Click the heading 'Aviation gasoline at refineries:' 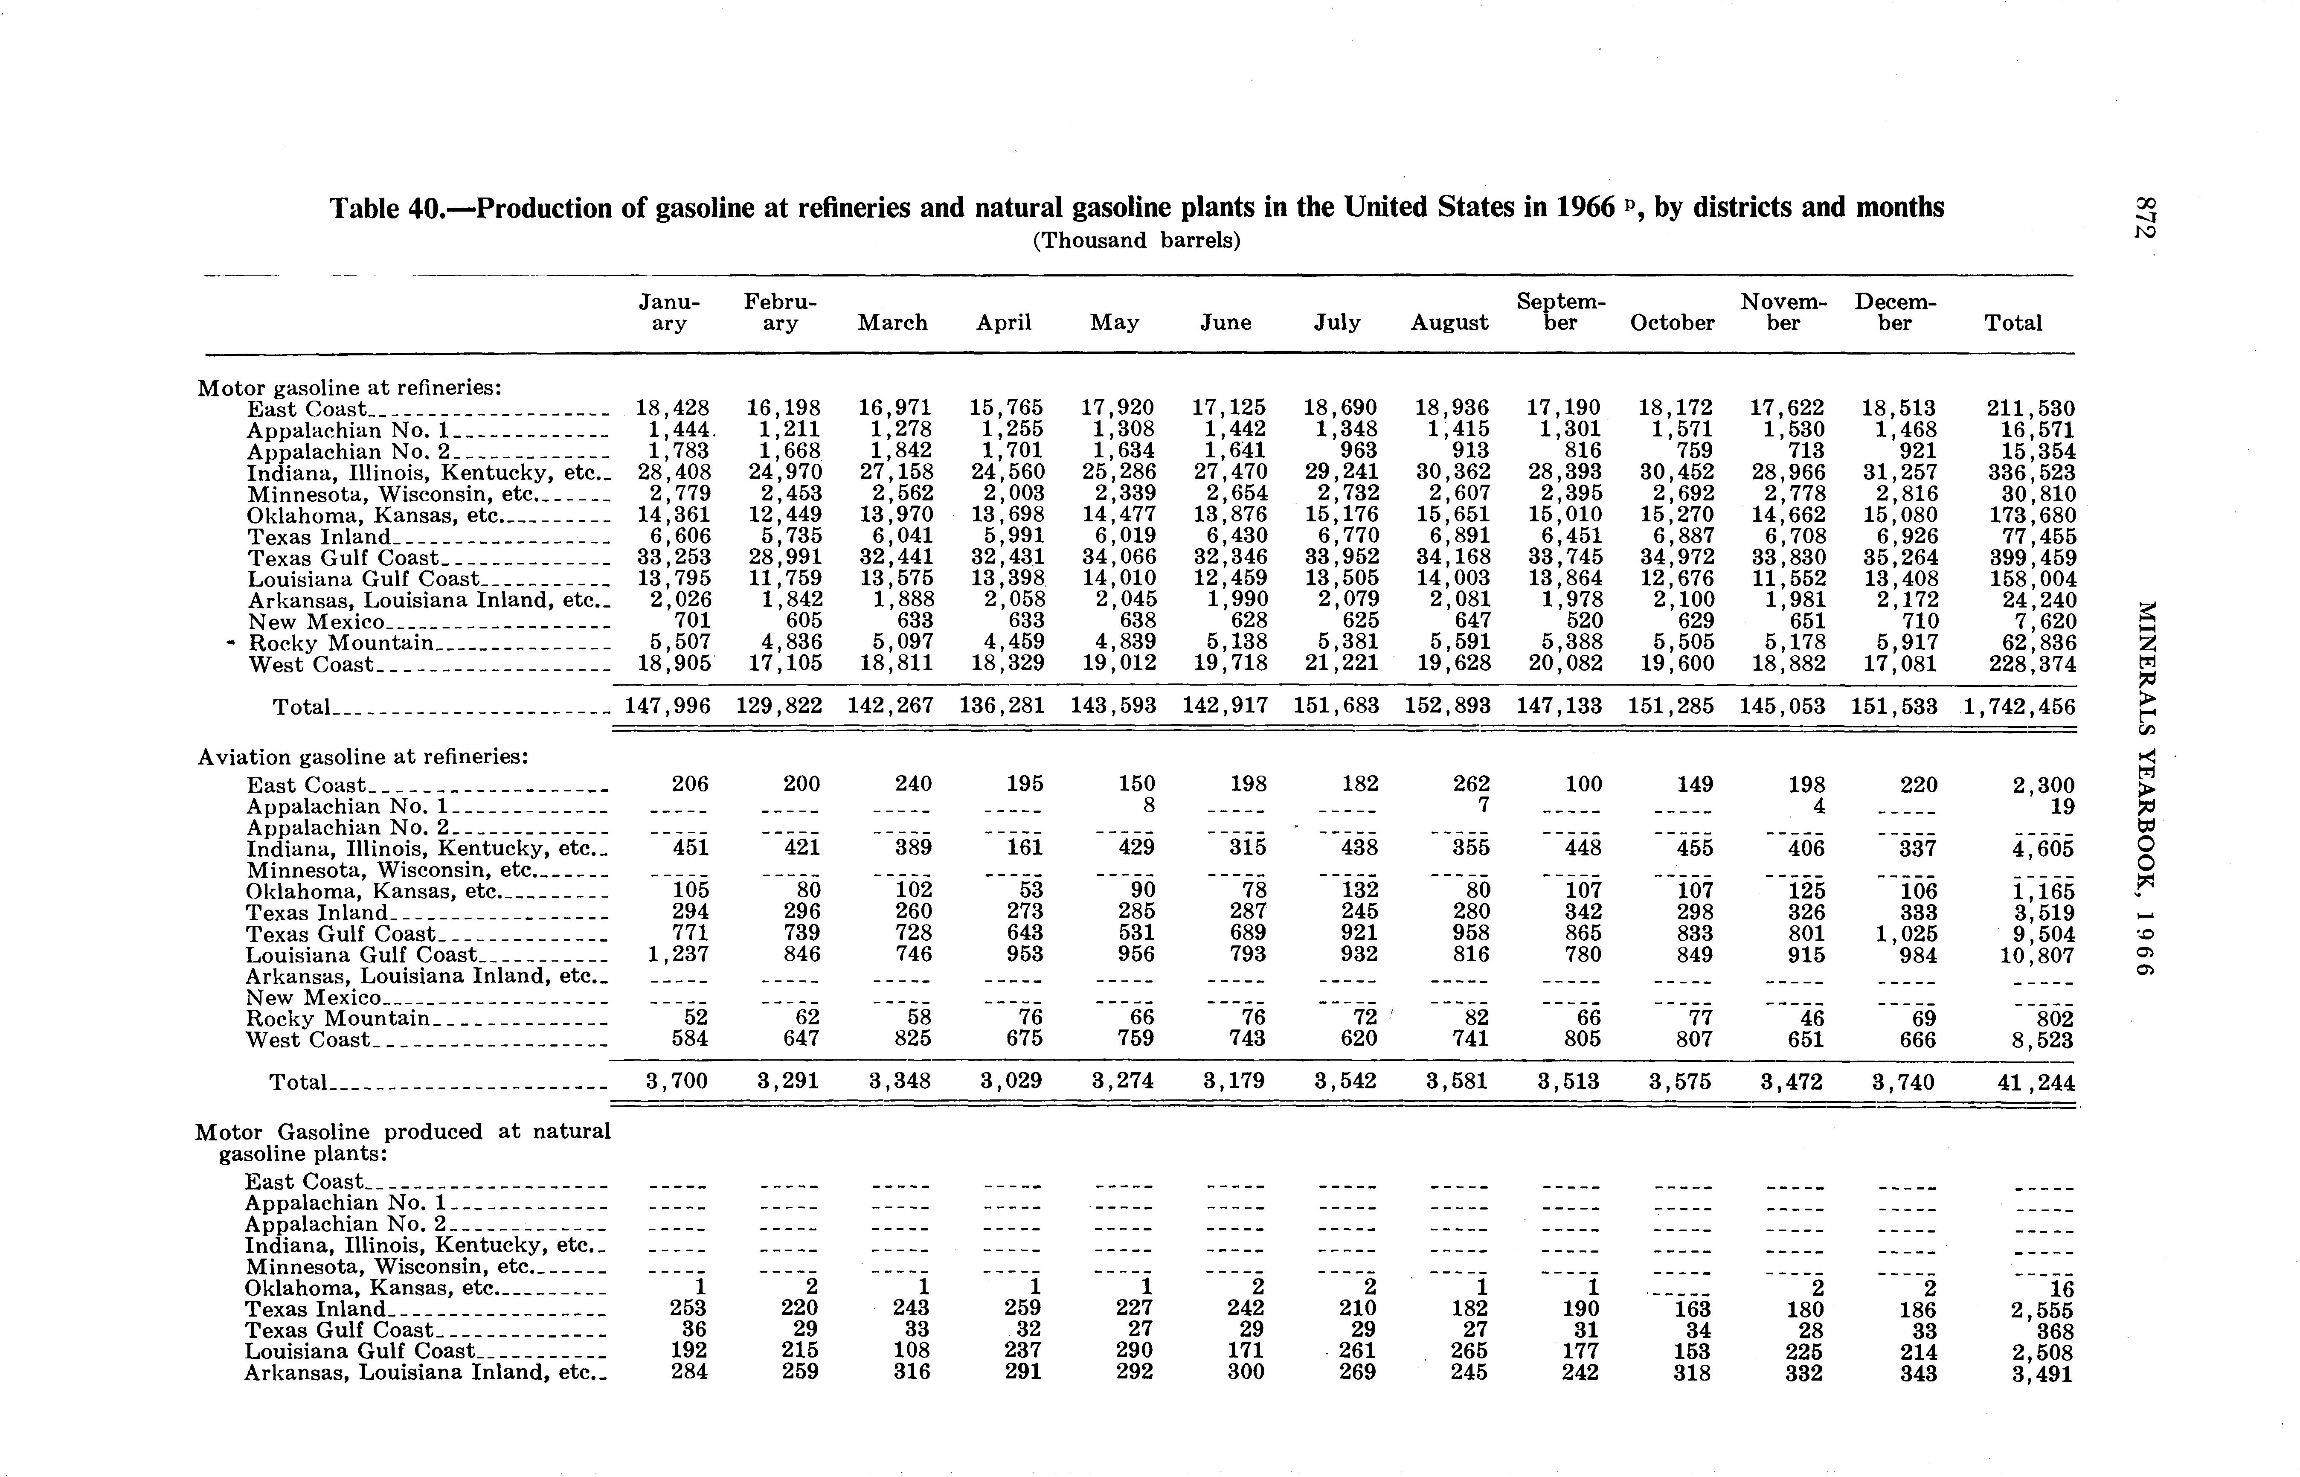(363, 757)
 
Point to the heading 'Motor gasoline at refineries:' (350, 387)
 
